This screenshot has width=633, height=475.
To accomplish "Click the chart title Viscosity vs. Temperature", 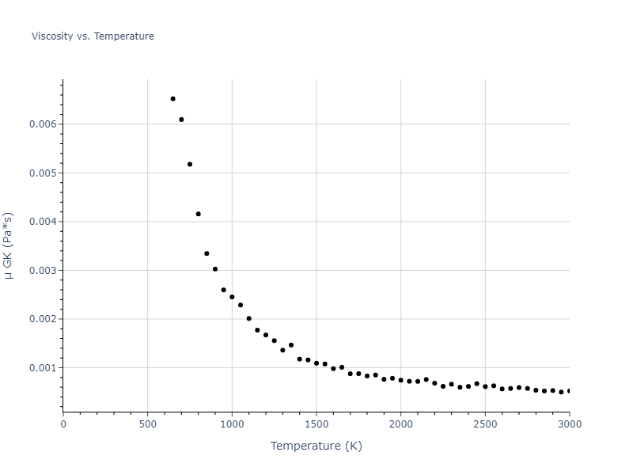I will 93,36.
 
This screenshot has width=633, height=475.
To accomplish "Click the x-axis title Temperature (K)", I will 316,446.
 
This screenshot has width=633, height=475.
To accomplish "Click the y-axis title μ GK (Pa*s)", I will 9,245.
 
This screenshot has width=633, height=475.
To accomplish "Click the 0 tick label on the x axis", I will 63,424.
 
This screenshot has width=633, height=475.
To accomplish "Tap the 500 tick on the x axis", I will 147,424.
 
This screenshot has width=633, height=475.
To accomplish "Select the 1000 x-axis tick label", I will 232,424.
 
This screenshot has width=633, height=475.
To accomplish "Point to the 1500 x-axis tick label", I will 316,424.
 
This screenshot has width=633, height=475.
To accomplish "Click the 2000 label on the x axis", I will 400,424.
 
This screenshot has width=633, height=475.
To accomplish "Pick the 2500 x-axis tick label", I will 485,424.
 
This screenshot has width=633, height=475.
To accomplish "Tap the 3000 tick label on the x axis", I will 569,424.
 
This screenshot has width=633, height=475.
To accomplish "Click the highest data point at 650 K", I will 172,99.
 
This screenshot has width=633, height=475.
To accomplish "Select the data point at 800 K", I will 199,214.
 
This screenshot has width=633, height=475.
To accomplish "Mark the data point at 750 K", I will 190,165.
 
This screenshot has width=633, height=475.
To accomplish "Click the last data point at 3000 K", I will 569,391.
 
